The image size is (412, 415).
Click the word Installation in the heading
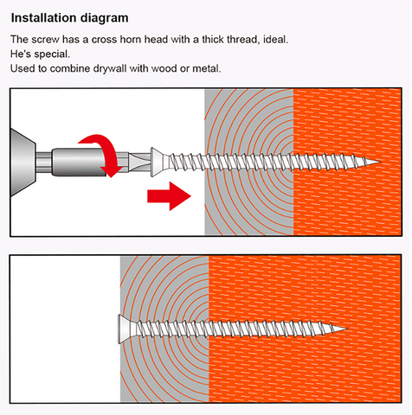click(x=43, y=18)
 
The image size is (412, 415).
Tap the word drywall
click(x=110, y=69)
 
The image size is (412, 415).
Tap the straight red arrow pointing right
click(x=169, y=196)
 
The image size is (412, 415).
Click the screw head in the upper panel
click(x=158, y=162)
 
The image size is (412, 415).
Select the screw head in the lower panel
click(x=126, y=329)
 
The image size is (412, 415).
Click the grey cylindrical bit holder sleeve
click(x=78, y=162)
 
